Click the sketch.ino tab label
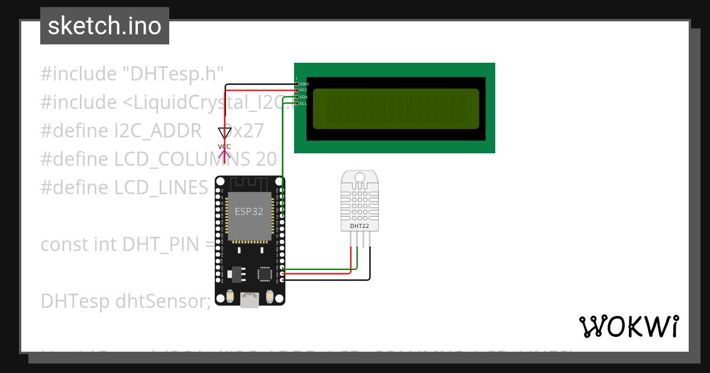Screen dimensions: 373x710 click(104, 26)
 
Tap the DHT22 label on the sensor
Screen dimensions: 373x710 click(360, 226)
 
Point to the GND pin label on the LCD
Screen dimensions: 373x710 click(304, 84)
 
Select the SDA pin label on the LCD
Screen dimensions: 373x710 click(304, 97)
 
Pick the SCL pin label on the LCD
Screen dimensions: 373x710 click(304, 103)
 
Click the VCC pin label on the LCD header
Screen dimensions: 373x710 click(304, 90)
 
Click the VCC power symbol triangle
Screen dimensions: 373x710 click(224, 133)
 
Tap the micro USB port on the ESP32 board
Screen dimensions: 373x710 click(250, 301)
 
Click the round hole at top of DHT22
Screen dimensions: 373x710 click(360, 177)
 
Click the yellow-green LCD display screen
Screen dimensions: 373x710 click(395, 108)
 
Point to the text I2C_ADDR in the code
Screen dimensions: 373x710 click(158, 131)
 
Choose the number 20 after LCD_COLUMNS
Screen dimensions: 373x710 click(266, 159)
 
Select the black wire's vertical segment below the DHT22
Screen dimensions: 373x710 click(370, 261)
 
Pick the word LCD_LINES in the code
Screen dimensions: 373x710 click(161, 188)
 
